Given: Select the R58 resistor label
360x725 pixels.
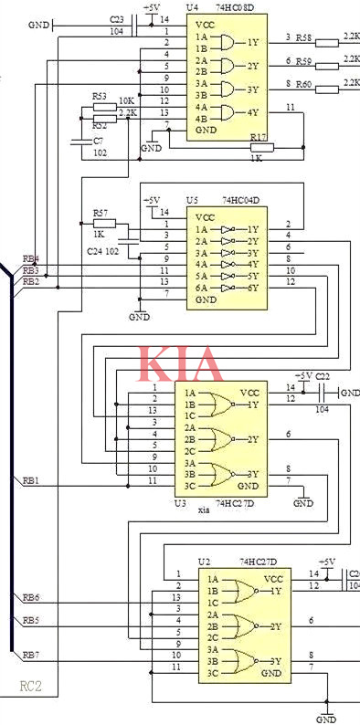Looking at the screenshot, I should [x=305, y=37].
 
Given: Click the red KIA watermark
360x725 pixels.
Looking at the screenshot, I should [x=180, y=363].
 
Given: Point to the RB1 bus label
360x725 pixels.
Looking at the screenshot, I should [x=31, y=478].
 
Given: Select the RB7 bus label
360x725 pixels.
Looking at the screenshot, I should [x=31, y=655].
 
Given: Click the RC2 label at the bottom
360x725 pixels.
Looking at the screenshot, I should [x=31, y=685].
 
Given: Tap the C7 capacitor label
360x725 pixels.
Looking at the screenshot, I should [x=98, y=141].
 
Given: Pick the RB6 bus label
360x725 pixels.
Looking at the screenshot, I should [x=31, y=597].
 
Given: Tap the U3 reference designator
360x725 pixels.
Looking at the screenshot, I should [x=180, y=502].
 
